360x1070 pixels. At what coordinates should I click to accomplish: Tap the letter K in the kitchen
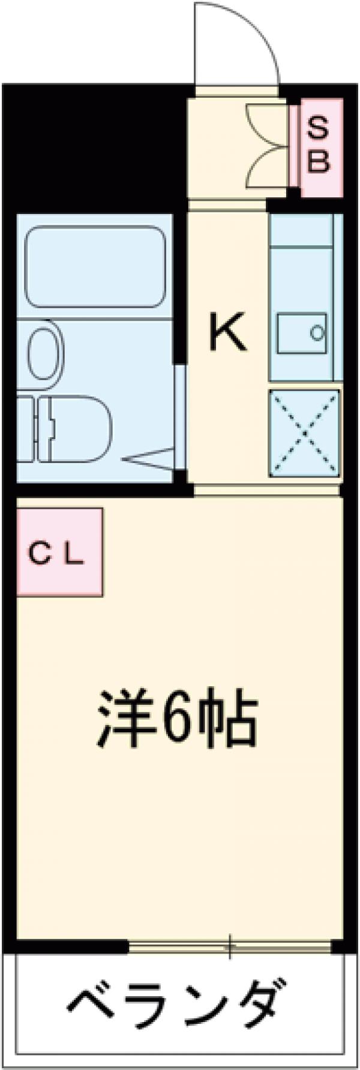click(x=227, y=334)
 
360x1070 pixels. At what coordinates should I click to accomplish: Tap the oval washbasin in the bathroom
click(x=44, y=354)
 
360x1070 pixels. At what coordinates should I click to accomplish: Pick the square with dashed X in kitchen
click(x=304, y=432)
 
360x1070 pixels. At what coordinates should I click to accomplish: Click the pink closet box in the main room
click(x=59, y=552)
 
